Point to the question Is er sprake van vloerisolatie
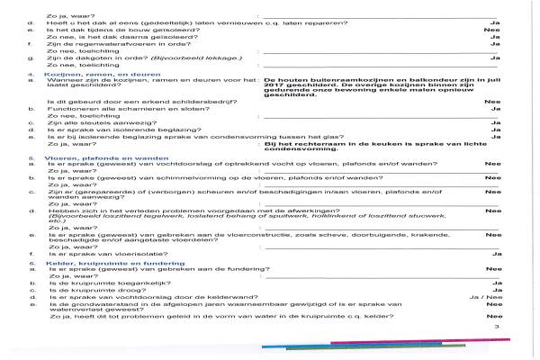point(103,255)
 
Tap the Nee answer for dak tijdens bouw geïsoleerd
point(491,29)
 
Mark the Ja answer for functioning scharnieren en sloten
point(494,110)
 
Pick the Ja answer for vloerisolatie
point(494,255)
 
